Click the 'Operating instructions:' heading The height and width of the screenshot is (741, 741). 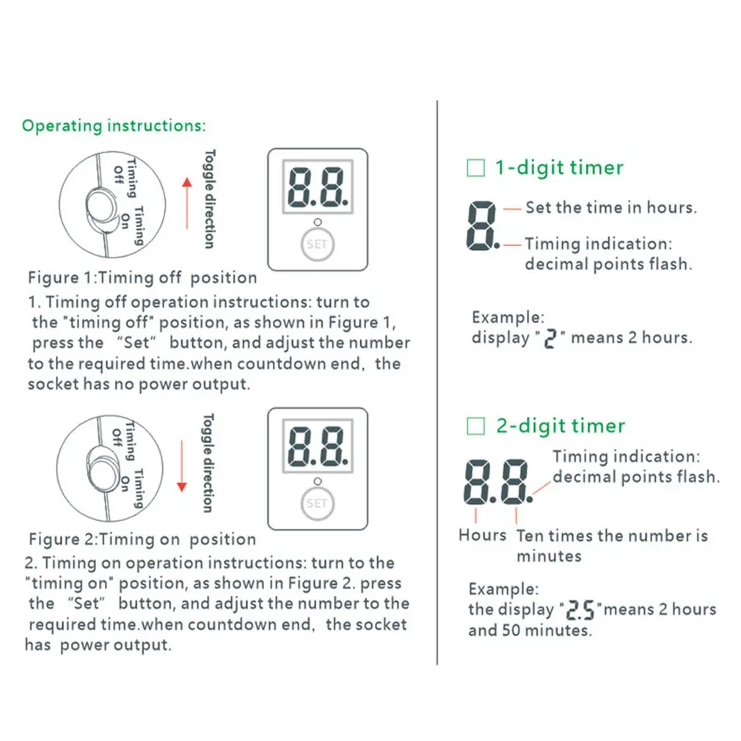pyautogui.click(x=114, y=125)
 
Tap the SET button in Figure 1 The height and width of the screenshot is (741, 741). pyautogui.click(x=317, y=244)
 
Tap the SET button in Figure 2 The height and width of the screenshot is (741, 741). pyautogui.click(x=317, y=503)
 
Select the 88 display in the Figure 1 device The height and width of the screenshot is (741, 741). pyautogui.click(x=317, y=189)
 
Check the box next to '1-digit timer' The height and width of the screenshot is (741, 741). pyautogui.click(x=476, y=168)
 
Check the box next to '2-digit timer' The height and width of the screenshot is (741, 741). pyautogui.click(x=476, y=426)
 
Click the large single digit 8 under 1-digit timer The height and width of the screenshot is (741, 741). pyautogui.click(x=481, y=225)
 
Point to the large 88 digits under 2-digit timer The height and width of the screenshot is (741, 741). pyautogui.click(x=497, y=483)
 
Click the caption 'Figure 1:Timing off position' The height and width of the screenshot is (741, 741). pyautogui.click(x=142, y=278)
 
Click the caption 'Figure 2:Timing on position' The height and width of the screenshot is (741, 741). pyautogui.click(x=142, y=539)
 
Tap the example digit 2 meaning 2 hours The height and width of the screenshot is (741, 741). pyautogui.click(x=550, y=340)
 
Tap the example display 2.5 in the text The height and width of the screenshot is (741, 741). pyautogui.click(x=580, y=610)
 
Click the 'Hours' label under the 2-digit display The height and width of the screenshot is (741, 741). pyautogui.click(x=482, y=536)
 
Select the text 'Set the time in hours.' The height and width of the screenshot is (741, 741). pyautogui.click(x=610, y=208)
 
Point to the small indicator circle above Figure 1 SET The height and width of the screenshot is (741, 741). pyautogui.click(x=317, y=222)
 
